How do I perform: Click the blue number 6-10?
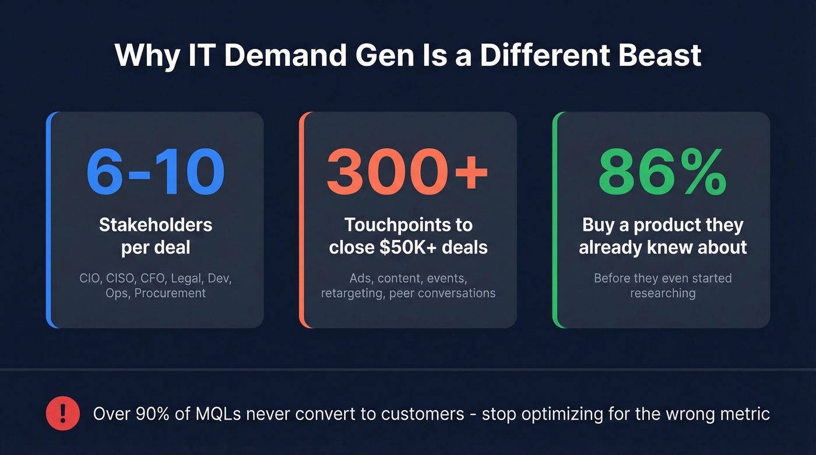click(x=155, y=173)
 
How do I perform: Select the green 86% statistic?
click(x=662, y=173)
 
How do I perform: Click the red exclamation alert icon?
click(x=62, y=413)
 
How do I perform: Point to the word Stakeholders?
click(x=156, y=225)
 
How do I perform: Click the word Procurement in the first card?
click(x=170, y=293)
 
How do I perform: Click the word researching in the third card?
click(x=663, y=293)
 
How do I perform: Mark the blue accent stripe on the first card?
click(x=49, y=220)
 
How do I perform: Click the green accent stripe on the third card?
click(x=555, y=220)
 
